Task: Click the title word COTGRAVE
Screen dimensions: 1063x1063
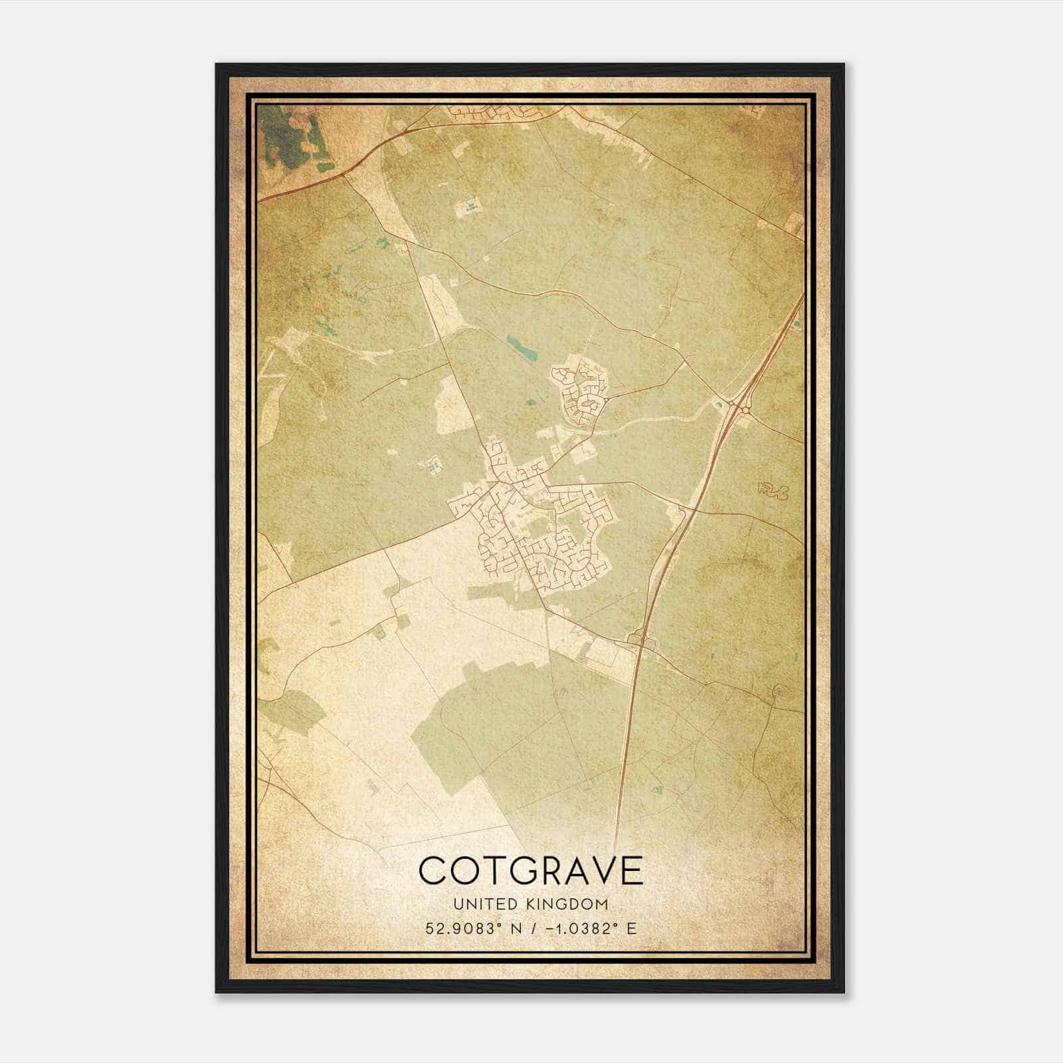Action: click(531, 870)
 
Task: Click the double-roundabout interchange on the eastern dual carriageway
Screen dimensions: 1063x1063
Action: click(737, 405)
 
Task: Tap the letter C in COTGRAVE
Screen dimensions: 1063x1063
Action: click(433, 870)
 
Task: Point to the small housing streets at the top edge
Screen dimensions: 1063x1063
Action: click(492, 114)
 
